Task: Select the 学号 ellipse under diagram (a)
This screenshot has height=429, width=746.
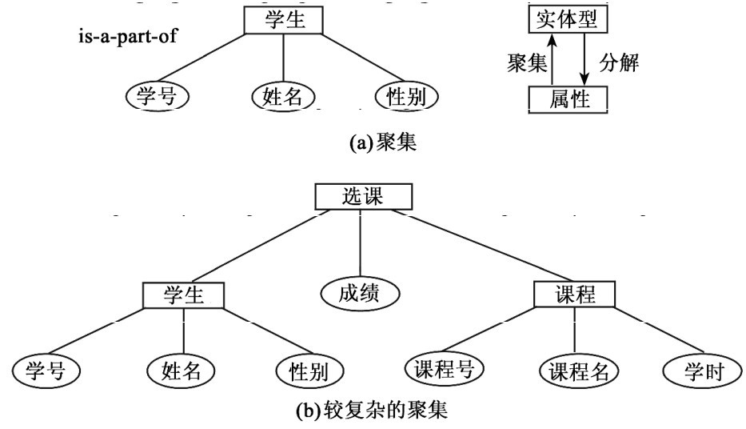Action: pyautogui.click(x=158, y=97)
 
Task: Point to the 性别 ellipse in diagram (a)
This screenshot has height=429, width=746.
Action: pyautogui.click(x=407, y=97)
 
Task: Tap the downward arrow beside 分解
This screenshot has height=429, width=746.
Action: pyautogui.click(x=585, y=59)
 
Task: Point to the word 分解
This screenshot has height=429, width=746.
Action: pyautogui.click(x=619, y=62)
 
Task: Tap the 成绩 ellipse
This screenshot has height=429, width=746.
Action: pyautogui.click(x=359, y=294)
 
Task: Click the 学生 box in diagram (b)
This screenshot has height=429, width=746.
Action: pyautogui.click(x=184, y=294)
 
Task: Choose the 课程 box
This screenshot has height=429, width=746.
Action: pyautogui.click(x=575, y=294)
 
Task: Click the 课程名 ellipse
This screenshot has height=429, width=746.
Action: pyautogui.click(x=572, y=371)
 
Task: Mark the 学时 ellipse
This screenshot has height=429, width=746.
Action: pyautogui.click(x=698, y=371)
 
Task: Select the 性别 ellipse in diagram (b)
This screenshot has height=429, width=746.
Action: pyautogui.click(x=309, y=371)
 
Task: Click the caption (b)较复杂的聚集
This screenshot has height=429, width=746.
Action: pyautogui.click(x=373, y=412)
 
